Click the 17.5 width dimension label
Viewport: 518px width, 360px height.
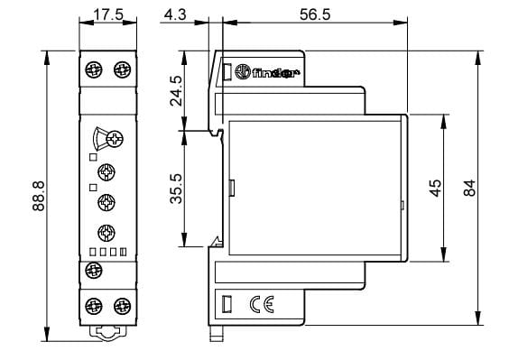tap(108, 14)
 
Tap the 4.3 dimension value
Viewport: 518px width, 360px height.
tap(175, 14)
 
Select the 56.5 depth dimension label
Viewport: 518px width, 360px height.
tap(315, 14)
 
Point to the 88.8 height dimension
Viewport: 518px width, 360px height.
tap(39, 196)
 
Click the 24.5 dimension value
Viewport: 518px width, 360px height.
tap(176, 91)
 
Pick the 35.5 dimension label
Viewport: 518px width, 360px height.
tap(176, 189)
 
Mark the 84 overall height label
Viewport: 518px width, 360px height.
tap(469, 188)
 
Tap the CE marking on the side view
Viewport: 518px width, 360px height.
tap(262, 304)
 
